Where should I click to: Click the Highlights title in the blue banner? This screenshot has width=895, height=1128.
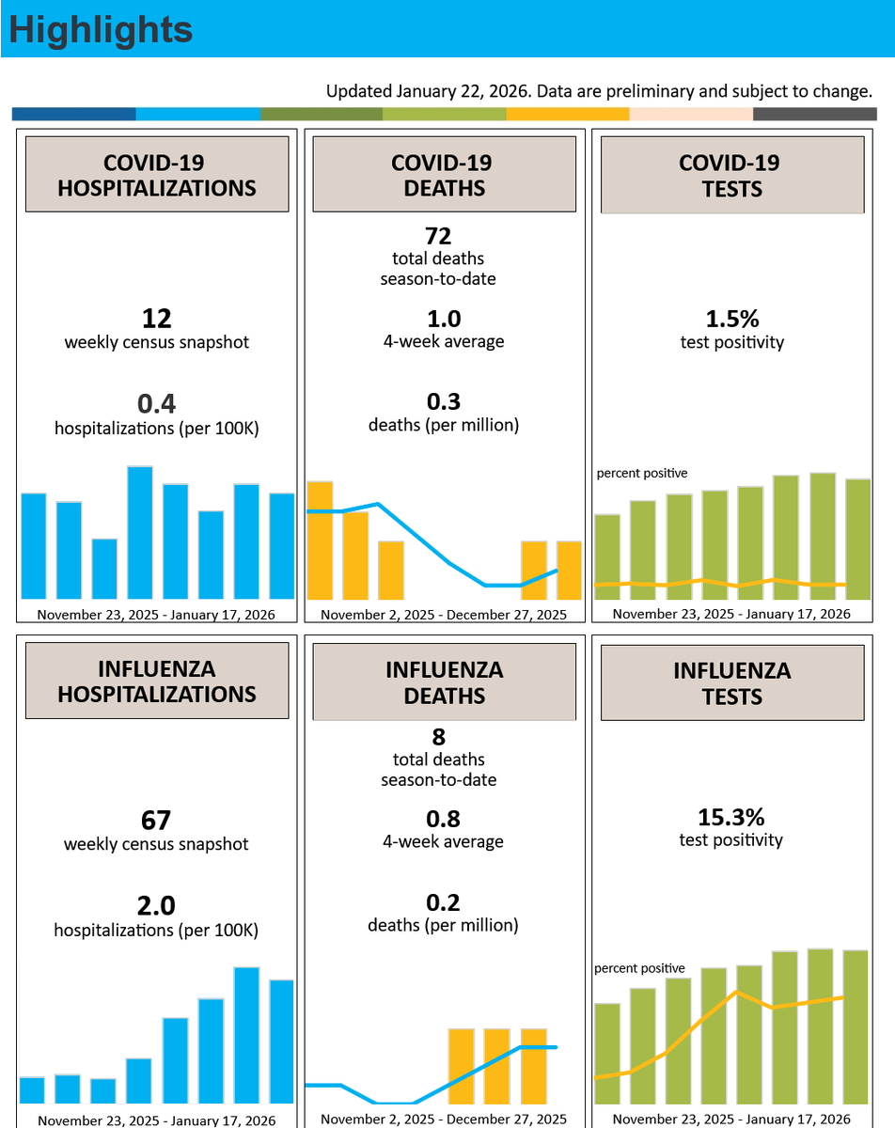pos(101,30)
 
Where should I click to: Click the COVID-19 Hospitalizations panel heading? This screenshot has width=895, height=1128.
pos(157,175)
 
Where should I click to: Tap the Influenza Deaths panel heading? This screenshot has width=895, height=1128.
pos(444,682)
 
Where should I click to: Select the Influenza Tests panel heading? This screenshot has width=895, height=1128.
pos(732,683)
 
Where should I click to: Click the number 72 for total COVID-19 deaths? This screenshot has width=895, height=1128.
pos(438,236)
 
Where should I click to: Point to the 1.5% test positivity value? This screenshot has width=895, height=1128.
pos(732,319)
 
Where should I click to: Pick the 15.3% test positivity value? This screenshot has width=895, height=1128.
pos(730,817)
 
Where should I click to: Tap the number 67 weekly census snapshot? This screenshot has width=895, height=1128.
pos(156,821)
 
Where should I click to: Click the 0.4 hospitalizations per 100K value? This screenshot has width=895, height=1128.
pos(156,403)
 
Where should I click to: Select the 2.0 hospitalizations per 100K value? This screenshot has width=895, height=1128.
pos(156,906)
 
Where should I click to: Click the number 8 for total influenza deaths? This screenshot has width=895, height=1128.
pos(439,737)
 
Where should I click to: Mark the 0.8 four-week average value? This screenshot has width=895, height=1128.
pos(443,820)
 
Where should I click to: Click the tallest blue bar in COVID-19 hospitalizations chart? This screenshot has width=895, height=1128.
pos(140,532)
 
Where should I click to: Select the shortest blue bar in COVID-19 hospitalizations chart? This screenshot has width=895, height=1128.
pos(104,569)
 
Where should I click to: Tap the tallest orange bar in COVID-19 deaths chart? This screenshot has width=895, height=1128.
pos(320,540)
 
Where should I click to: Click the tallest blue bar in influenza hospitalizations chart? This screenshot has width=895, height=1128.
pos(246,1035)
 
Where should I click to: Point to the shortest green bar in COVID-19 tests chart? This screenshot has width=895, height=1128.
pos(607,556)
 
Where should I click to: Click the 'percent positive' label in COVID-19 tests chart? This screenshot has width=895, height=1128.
pos(642,473)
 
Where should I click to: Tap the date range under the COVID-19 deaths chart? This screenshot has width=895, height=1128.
pos(444,615)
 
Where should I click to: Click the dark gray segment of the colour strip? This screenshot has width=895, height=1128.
pos(815,114)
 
